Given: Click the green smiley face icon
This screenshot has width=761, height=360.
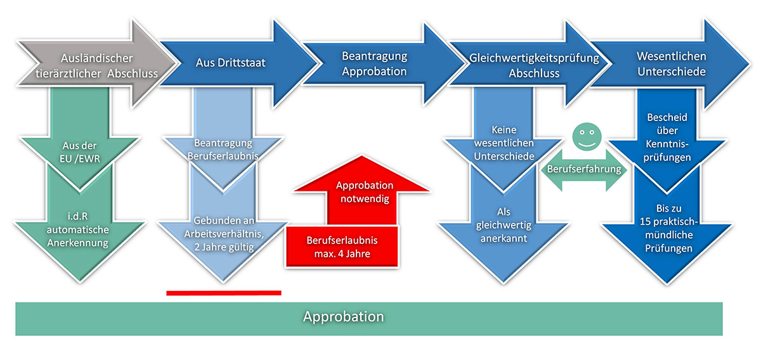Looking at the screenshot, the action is (x=587, y=136).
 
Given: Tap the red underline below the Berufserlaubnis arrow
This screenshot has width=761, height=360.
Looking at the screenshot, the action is (x=224, y=293).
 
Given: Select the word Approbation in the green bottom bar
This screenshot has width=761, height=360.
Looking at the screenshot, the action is (x=344, y=316).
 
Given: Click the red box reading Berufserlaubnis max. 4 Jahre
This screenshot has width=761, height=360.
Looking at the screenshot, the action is (x=342, y=247).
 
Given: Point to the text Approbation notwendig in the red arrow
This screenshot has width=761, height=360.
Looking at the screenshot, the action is (x=365, y=192).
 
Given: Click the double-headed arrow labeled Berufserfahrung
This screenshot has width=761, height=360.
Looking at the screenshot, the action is (x=584, y=169).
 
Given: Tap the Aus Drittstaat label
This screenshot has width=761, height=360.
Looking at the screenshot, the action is (x=231, y=63).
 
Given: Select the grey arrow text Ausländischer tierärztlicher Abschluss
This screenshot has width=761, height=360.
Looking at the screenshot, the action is (x=97, y=66).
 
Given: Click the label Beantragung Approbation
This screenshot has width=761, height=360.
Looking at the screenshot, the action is (x=374, y=63).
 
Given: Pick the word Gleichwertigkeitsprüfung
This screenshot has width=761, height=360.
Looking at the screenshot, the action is (x=534, y=58).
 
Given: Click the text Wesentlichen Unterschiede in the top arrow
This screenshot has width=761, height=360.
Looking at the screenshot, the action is (x=672, y=64).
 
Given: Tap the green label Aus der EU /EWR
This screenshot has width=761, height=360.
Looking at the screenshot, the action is (x=80, y=152).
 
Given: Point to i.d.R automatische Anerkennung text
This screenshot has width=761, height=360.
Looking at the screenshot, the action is (x=78, y=229).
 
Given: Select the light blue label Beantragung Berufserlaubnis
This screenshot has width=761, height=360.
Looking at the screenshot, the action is (x=223, y=150).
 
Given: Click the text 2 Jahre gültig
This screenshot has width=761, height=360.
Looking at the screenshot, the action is (x=224, y=247).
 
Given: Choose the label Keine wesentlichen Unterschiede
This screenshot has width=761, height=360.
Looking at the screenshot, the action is (x=504, y=143).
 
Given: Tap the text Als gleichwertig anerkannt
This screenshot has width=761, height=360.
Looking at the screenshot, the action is (x=504, y=225).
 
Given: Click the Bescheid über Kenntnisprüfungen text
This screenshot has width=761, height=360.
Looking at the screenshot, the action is (x=667, y=137).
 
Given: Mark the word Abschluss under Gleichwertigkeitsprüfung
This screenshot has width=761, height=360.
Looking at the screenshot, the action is (x=534, y=74).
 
